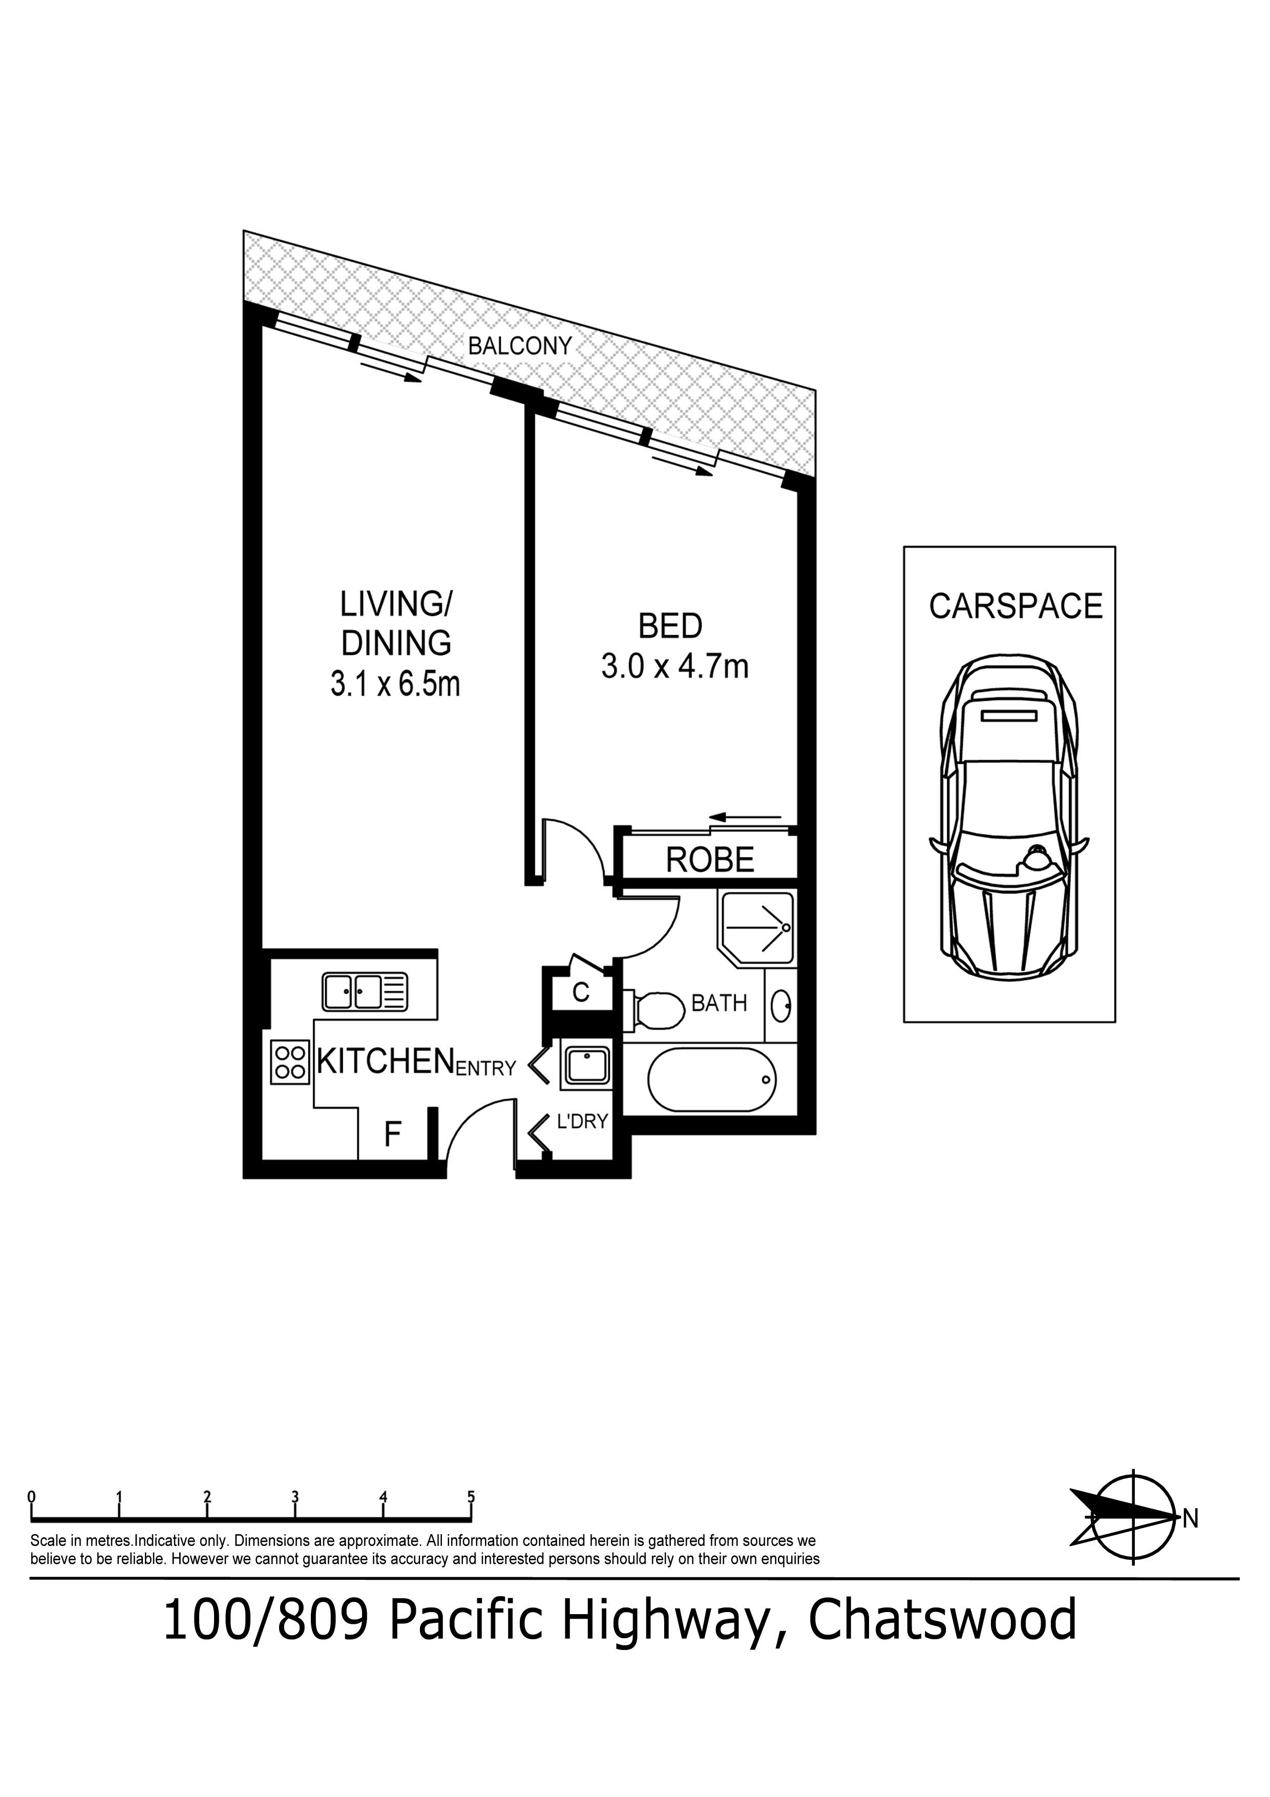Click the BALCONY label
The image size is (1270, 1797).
[x=520, y=346]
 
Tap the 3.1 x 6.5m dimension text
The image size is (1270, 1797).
[x=395, y=685]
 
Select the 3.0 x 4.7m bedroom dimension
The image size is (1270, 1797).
[x=674, y=666]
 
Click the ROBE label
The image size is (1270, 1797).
[x=710, y=860]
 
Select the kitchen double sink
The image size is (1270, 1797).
[x=365, y=992]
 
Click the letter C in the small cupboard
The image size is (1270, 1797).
[x=581, y=992]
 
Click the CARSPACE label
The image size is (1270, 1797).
[x=1015, y=607]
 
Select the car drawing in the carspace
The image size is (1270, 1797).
[x=1009, y=817]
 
